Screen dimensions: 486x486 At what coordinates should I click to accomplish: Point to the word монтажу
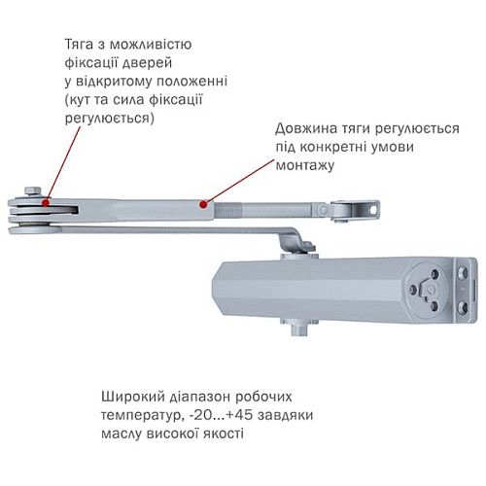tap(305, 166)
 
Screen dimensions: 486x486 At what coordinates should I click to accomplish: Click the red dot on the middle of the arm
tap(201, 204)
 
